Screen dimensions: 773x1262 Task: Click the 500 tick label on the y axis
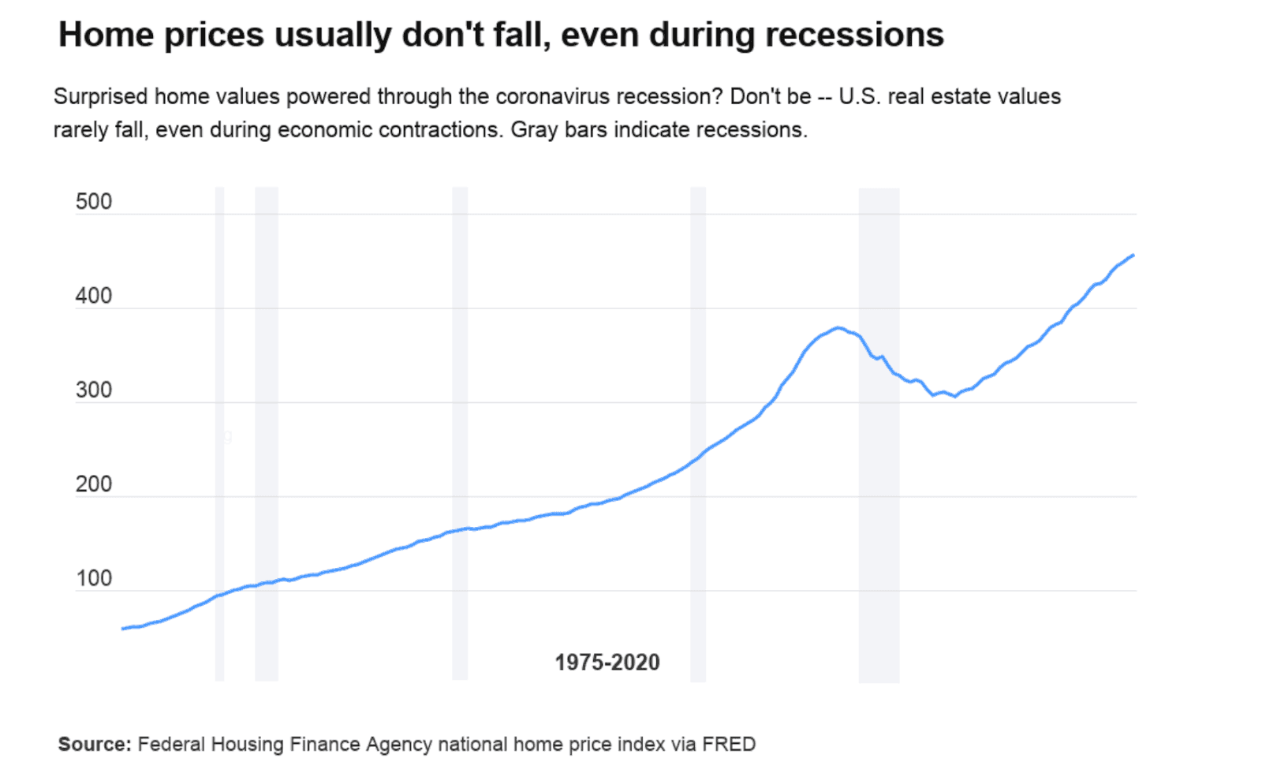94,202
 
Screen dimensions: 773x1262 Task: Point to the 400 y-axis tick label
94,297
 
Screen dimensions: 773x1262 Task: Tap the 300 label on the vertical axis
94,390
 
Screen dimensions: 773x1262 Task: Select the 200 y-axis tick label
94,484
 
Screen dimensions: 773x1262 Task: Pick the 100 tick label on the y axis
94,578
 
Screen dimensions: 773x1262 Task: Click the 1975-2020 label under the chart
607,663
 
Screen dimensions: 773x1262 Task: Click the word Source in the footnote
93,744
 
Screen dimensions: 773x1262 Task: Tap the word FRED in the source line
729,744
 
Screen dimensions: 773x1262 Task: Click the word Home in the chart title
106,35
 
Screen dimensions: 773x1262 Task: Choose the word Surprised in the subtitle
100,96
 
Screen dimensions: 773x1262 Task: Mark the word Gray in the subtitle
534,129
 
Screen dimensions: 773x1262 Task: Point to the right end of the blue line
1133,255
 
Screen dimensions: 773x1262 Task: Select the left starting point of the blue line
122,629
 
